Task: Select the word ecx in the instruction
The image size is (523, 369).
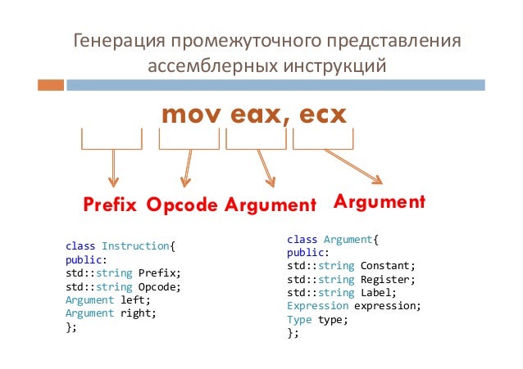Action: pyautogui.click(x=320, y=115)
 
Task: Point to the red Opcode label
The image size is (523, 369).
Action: pyautogui.click(x=183, y=205)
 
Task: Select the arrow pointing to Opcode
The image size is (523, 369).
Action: pyautogui.click(x=188, y=169)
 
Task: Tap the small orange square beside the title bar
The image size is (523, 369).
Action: pyautogui.click(x=50, y=84)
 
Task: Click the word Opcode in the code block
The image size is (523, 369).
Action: pyautogui.click(x=158, y=286)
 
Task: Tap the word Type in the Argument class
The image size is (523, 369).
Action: pyautogui.click(x=299, y=319)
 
